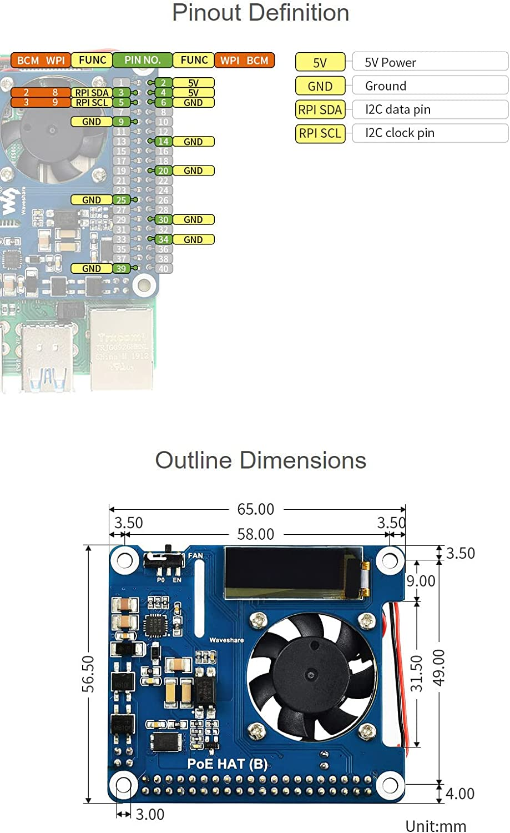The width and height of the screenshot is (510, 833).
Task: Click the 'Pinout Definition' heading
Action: tap(260, 13)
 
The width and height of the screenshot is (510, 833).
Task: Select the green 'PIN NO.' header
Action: tap(143, 60)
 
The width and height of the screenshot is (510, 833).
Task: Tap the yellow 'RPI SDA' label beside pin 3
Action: tap(92, 93)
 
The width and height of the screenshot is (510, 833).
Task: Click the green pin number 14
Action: tap(163, 142)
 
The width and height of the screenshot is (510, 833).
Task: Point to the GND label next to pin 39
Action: tap(92, 269)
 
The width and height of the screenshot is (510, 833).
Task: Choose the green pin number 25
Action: tap(121, 200)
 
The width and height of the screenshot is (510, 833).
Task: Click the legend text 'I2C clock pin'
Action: tap(400, 133)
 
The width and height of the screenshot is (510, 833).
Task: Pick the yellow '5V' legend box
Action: tap(320, 62)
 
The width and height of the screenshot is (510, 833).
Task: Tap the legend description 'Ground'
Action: tap(386, 86)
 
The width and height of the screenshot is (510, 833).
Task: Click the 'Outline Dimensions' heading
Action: tap(260, 460)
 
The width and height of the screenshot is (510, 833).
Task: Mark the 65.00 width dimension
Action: tap(255, 509)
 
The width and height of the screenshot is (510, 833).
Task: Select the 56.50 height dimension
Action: tap(89, 674)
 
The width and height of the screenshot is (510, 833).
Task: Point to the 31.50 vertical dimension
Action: tap(417, 674)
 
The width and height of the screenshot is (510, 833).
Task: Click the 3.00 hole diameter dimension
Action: tap(150, 815)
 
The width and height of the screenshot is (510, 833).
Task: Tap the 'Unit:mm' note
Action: tap(436, 826)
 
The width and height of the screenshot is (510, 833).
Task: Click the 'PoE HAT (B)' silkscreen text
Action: tap(227, 764)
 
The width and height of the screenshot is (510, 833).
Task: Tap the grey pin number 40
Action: tap(163, 269)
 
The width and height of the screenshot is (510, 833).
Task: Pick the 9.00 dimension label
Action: tap(421, 581)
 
